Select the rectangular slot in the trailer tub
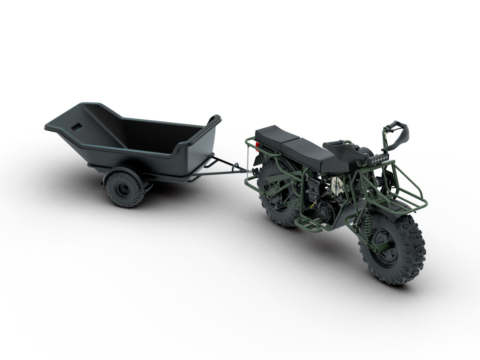(x=75, y=126)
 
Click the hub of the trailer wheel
(x=118, y=187)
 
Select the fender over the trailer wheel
(x=128, y=174)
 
